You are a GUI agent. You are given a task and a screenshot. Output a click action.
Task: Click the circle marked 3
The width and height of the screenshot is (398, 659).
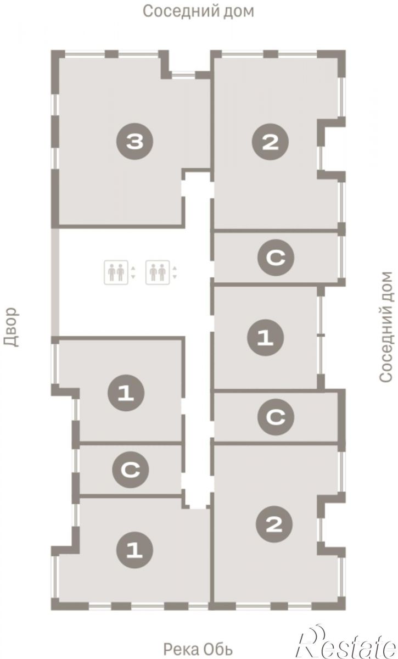(x=134, y=142)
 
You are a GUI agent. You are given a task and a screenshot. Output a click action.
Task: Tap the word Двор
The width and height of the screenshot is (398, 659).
(x=11, y=327)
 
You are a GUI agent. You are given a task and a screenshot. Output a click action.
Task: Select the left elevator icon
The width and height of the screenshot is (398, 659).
(x=116, y=272)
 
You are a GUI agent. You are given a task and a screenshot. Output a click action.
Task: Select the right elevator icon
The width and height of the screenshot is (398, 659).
(x=158, y=272)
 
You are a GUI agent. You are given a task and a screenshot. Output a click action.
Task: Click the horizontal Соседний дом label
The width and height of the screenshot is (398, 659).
(x=198, y=11)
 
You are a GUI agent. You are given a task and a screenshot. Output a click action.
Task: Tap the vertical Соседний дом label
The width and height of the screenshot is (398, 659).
(x=385, y=327)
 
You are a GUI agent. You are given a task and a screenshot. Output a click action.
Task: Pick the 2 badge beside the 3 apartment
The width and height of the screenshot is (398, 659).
(x=270, y=142)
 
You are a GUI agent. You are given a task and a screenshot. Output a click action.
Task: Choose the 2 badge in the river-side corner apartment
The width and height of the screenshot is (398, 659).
(x=274, y=524)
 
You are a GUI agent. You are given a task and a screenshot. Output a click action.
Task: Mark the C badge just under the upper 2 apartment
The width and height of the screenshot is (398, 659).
(x=276, y=258)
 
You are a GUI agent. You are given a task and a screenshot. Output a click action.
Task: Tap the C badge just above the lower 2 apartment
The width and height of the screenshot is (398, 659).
(x=276, y=417)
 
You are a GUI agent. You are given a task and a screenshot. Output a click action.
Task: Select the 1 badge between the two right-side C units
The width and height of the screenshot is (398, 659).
(x=265, y=337)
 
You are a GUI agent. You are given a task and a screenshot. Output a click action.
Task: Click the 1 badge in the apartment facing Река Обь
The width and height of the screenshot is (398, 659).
(x=134, y=550)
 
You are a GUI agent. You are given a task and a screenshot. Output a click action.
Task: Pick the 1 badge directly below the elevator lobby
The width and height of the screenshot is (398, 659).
(x=126, y=393)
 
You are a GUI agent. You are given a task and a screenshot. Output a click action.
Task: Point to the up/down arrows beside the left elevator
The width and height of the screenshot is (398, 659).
(x=133, y=272)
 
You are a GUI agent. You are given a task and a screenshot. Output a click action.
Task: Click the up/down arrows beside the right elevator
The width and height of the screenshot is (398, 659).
(x=175, y=272)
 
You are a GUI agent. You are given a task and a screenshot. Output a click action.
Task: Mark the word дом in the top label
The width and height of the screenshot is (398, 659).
(x=238, y=12)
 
